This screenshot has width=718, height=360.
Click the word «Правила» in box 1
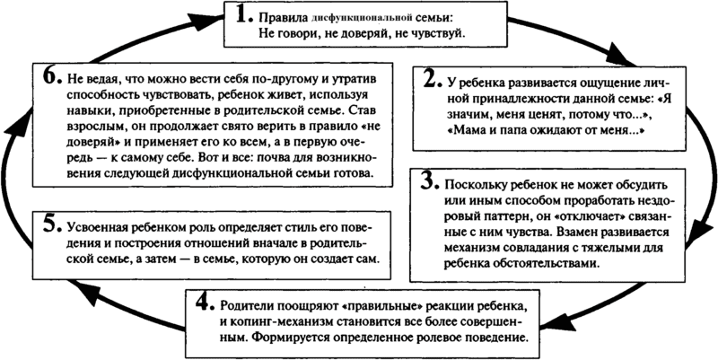281,18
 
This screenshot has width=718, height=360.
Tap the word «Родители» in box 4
249,297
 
